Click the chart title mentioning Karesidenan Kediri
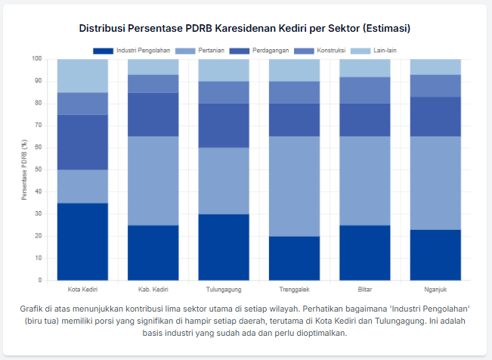point(246,28)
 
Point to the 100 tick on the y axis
point(36,59)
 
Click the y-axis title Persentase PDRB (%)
point(24,169)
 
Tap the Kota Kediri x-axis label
point(82,289)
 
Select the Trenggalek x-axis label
point(294,289)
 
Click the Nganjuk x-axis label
point(435,289)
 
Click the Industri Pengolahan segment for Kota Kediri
point(82,241)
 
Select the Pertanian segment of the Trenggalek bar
point(294,186)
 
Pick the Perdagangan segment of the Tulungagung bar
point(224,126)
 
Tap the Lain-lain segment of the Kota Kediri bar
point(82,76)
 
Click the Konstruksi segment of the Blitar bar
point(365,90)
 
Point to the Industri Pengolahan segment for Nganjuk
point(435,254)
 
